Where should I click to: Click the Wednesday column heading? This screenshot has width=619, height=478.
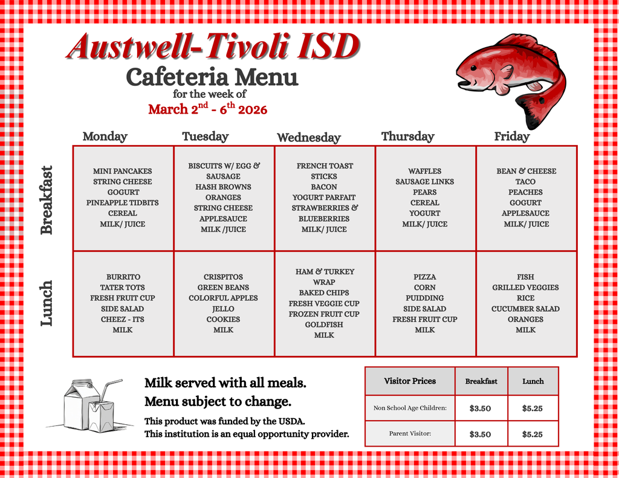coord(308,138)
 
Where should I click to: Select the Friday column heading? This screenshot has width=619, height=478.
coord(511,137)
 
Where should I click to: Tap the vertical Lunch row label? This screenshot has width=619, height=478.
coord(47,303)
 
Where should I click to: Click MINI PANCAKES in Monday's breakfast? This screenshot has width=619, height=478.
coord(123,171)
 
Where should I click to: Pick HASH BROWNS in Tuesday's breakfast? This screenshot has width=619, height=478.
coord(223,187)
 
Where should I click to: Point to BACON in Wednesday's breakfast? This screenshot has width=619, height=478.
coord(324,187)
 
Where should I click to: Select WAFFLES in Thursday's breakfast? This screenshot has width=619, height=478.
coord(424,171)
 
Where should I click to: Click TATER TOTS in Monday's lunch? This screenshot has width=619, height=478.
coord(123,288)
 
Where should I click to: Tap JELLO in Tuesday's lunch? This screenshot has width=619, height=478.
coord(223,309)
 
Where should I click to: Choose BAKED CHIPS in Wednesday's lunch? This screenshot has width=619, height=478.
coord(324,292)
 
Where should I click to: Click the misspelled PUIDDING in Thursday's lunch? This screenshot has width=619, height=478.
coord(424,298)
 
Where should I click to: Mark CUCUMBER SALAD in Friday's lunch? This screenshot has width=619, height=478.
coord(525,309)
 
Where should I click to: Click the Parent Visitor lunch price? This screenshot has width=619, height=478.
coord(532,434)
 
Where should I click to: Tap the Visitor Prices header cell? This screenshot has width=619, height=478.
coord(410,381)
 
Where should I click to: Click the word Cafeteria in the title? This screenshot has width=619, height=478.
coord(177,77)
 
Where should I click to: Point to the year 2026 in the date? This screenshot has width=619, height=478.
coord(253,109)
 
